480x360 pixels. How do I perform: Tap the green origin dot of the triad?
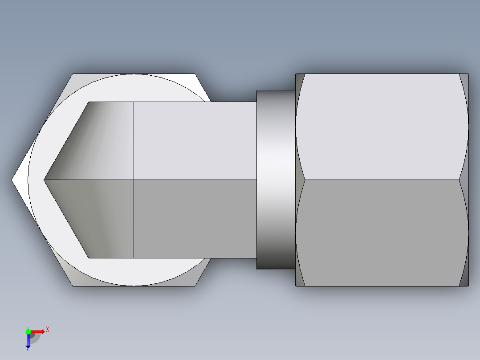pos(28,331)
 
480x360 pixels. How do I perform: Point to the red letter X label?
pos(48,330)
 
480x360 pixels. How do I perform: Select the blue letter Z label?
pos(28,349)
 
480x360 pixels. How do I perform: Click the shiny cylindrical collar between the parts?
pos(276,180)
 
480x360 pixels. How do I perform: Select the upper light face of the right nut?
pos(382,127)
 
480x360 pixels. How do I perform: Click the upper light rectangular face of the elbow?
pos(195,141)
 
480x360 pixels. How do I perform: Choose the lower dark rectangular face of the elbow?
pos(195,218)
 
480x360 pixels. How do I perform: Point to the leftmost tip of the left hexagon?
pos(12,180)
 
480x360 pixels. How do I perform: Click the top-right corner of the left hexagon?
pos(195,74)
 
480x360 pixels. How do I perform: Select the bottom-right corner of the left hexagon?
pos(195,285)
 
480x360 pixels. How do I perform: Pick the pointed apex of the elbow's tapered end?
pos(45,180)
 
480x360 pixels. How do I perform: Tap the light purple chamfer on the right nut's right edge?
pos(464,125)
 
